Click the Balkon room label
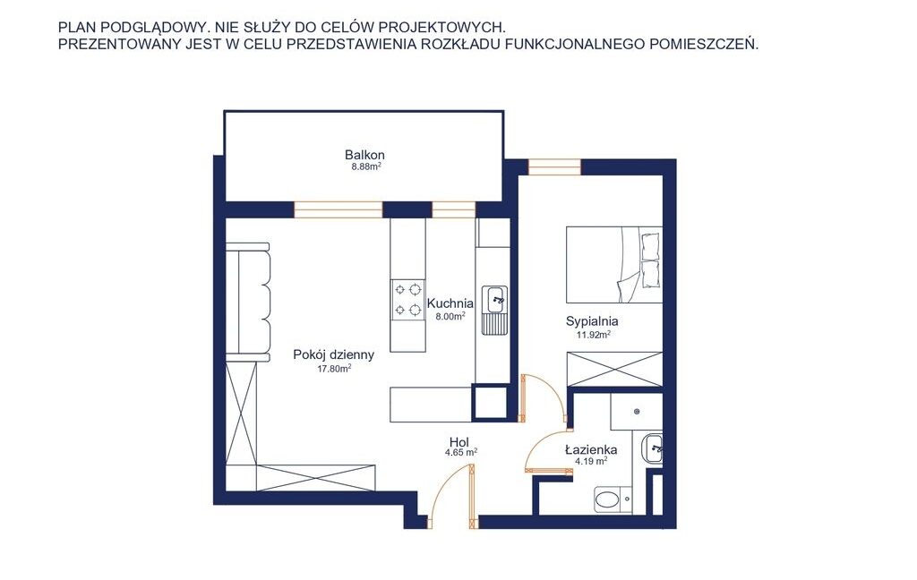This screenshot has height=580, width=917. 364,155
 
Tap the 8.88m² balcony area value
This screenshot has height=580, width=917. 366,166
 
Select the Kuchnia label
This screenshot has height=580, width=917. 450,303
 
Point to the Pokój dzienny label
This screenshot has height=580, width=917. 333,355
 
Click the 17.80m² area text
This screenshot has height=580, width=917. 335,369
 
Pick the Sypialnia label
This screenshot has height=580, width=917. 592,321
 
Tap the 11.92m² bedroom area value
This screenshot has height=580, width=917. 594,335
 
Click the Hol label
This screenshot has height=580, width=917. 459,441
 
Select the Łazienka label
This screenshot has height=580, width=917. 591,449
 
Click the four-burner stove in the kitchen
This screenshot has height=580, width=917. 407,299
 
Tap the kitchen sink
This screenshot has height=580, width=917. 494,310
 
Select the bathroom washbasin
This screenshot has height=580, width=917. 652,449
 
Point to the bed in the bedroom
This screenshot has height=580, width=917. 614,265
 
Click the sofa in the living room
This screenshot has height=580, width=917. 249,300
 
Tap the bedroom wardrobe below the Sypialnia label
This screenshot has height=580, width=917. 614,369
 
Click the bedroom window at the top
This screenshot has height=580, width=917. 554,166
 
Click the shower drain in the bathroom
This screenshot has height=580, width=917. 637,412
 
